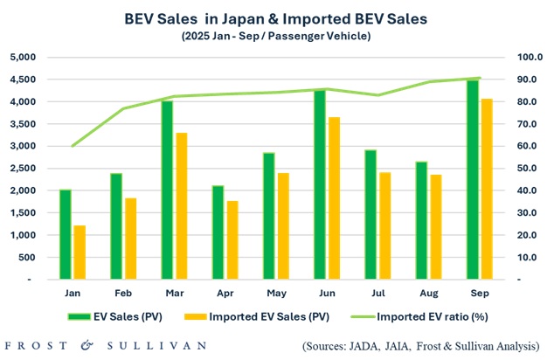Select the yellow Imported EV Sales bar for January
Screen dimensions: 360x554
pos(80,253)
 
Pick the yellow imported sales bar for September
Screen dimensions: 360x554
pos(487,189)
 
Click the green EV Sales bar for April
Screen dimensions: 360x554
pos(218,232)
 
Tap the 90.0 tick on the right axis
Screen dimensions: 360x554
pos(530,80)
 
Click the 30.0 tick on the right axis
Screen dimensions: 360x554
pos(530,213)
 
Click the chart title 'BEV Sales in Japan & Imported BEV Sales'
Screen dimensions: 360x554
pos(277,17)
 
